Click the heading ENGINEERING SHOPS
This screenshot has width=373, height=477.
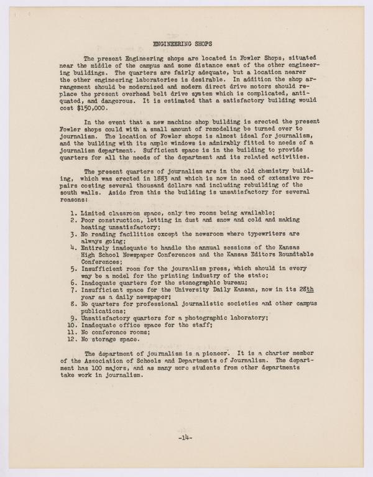click(x=186, y=45)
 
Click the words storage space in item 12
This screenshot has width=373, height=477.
click(x=123, y=340)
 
